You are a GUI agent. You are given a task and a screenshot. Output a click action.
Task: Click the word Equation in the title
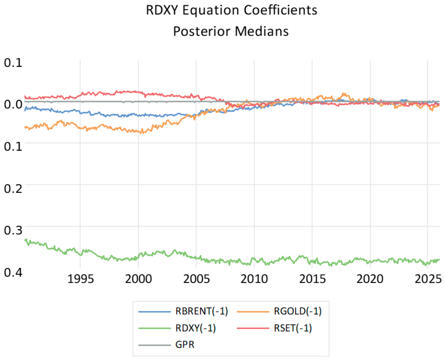coord(210,11)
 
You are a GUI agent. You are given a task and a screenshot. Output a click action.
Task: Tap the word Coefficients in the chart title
coord(280,10)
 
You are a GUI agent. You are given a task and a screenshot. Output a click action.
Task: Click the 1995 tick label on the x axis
coord(80,279)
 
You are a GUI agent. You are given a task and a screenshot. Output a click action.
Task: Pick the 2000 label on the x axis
coord(138,279)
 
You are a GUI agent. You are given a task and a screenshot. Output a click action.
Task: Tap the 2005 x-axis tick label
coord(196,279)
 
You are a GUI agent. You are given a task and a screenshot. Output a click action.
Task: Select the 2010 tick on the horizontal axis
coord(254,279)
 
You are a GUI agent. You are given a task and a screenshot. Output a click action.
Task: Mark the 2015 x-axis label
coord(312,279)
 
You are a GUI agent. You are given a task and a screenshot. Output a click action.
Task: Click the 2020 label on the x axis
coord(370,279)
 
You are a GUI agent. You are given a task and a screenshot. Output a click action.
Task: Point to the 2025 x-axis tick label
coord(428,279)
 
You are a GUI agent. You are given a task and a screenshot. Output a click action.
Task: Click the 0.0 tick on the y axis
coord(13,104)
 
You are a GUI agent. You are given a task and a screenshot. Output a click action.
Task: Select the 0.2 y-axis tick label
coord(13,188)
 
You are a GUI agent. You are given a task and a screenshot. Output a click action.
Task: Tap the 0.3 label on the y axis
coord(13,230)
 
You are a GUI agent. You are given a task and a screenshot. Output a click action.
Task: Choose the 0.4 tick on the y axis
coord(13,272)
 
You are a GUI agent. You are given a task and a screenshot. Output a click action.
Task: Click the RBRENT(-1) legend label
coord(202,311)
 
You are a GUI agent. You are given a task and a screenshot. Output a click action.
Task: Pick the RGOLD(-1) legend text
coord(298,311)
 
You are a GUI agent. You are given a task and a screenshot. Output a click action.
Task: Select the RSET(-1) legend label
coord(293,328)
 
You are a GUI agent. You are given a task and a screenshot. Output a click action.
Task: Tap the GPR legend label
coord(185,345)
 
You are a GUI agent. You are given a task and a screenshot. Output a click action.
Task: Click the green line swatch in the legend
coord(155,328)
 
